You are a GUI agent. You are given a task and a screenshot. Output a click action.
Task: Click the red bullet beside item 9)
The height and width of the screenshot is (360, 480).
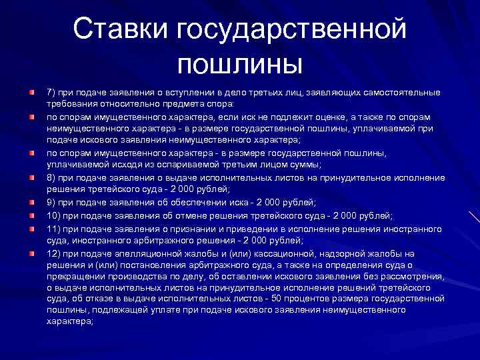coord(31,202)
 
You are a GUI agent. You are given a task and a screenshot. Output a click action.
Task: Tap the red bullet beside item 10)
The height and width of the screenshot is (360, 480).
coord(31,215)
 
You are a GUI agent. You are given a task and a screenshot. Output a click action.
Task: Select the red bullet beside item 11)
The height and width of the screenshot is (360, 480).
coord(31,228)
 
